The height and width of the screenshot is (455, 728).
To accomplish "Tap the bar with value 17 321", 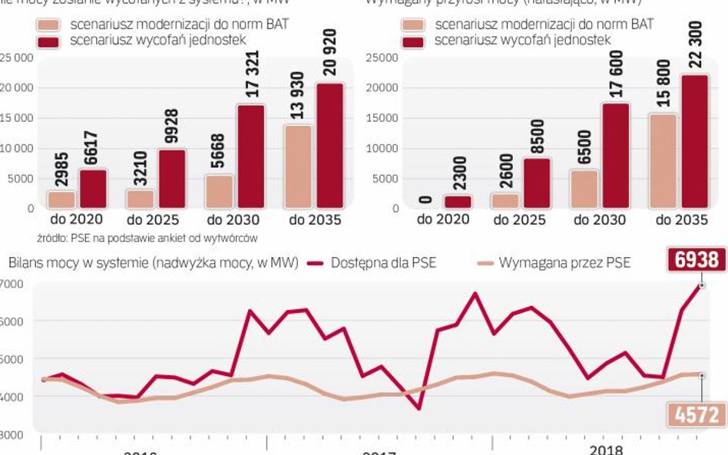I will (250, 157).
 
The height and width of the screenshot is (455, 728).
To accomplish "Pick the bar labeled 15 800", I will (663, 161).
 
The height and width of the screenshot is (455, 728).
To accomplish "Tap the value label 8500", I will (536, 137).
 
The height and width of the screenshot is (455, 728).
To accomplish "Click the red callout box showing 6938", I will (697, 260).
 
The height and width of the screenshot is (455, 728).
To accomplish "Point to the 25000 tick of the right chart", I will (382, 58).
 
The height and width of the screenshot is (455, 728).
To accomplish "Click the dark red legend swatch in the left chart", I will (49, 41).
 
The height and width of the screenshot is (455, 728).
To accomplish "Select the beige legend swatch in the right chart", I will (415, 25).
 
